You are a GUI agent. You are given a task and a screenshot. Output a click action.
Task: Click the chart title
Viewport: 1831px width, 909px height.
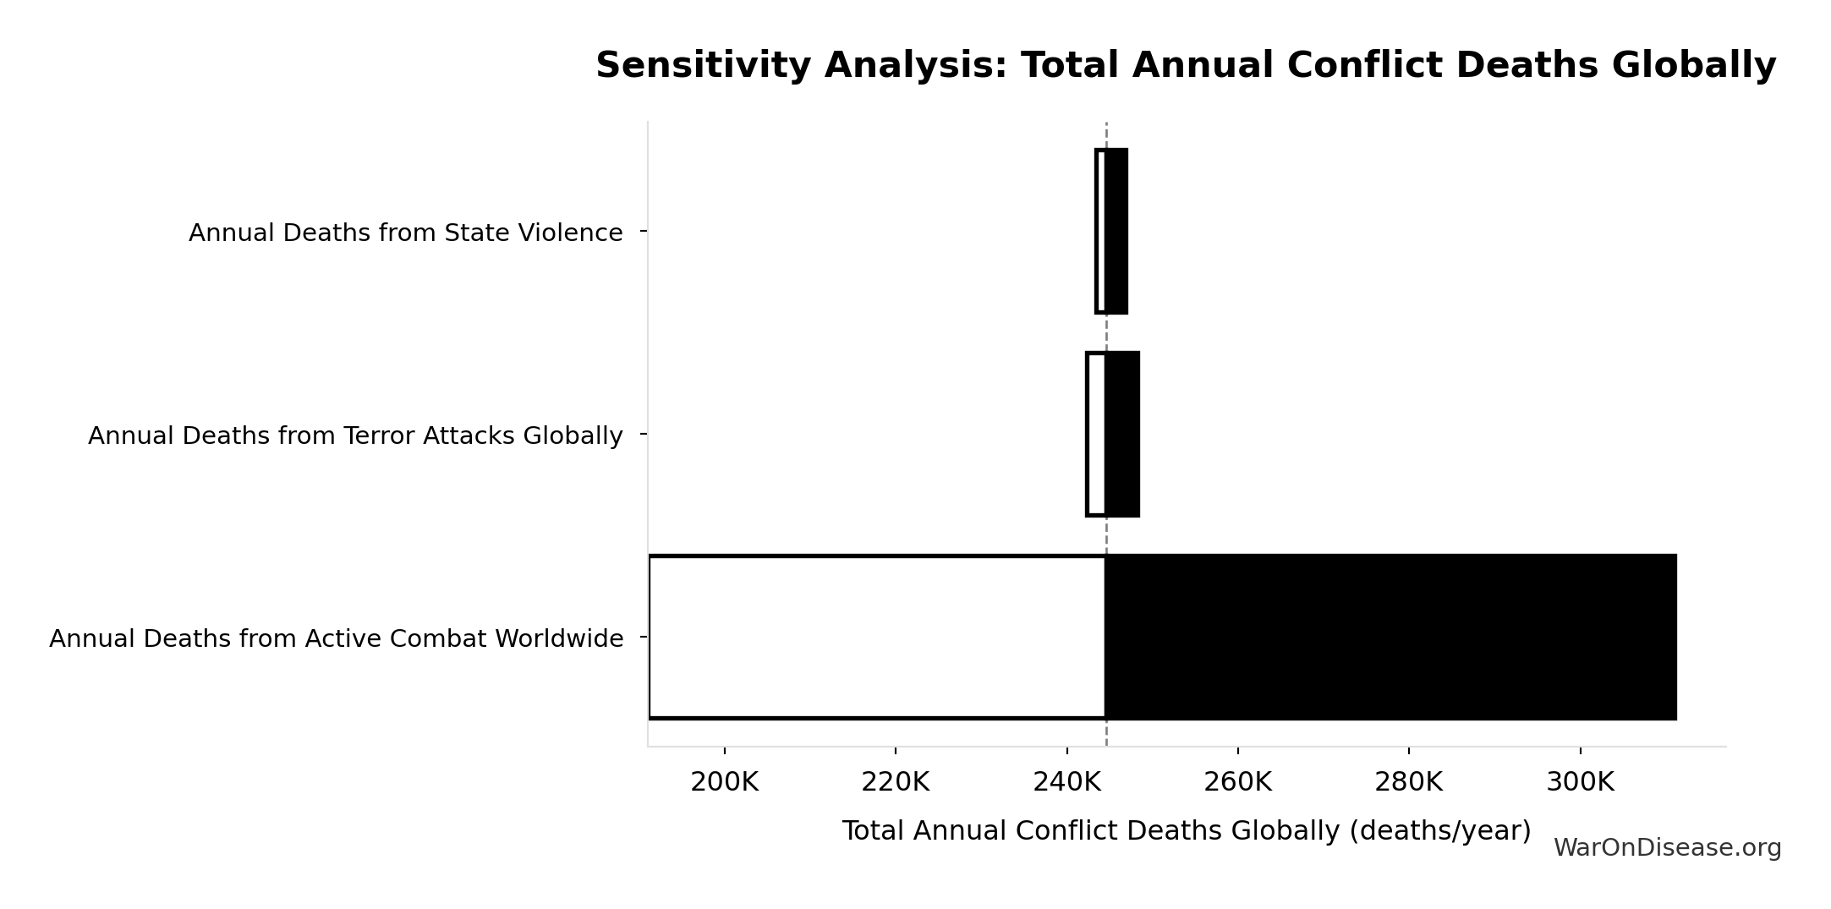pyautogui.click(x=1185, y=65)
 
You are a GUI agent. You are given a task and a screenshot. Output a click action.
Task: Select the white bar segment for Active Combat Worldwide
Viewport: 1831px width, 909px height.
pyautogui.click(x=877, y=637)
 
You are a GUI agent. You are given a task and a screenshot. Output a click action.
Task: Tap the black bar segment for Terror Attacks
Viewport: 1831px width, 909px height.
pyautogui.click(x=1122, y=434)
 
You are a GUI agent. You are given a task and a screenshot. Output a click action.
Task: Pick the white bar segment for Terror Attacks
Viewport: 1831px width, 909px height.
pyautogui.click(x=1096, y=434)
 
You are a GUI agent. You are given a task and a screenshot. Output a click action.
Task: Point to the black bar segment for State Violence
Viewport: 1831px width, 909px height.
pyautogui.click(x=1116, y=231)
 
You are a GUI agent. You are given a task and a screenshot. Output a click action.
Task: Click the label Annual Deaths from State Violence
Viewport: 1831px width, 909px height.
pyautogui.click(x=405, y=233)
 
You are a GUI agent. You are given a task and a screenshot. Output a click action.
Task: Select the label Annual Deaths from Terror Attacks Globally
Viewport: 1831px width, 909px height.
pyautogui.click(x=355, y=435)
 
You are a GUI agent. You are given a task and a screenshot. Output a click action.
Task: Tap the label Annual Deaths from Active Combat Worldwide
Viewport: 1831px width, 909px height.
pyautogui.click(x=336, y=638)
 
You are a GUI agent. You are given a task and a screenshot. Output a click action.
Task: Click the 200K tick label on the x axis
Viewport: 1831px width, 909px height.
pyautogui.click(x=724, y=782)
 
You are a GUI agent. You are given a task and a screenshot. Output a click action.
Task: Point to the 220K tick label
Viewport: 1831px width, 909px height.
pyautogui.click(x=895, y=782)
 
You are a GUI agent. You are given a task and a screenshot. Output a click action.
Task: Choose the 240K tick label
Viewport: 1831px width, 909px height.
pyautogui.click(x=1066, y=782)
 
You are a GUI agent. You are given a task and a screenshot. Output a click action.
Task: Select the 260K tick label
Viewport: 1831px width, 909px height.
pyautogui.click(x=1237, y=782)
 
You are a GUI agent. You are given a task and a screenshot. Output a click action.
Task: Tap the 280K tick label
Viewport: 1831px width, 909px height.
pyautogui.click(x=1408, y=782)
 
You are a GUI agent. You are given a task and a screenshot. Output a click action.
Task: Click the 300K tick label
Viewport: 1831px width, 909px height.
pyautogui.click(x=1580, y=782)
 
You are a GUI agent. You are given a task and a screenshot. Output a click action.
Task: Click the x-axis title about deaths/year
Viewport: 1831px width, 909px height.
pyautogui.click(x=1186, y=830)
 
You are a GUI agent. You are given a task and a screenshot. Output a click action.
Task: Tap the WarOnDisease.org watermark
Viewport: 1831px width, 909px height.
pyautogui.click(x=1667, y=848)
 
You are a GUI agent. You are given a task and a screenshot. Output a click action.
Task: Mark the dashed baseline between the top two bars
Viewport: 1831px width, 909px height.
pyautogui.click(x=1106, y=332)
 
